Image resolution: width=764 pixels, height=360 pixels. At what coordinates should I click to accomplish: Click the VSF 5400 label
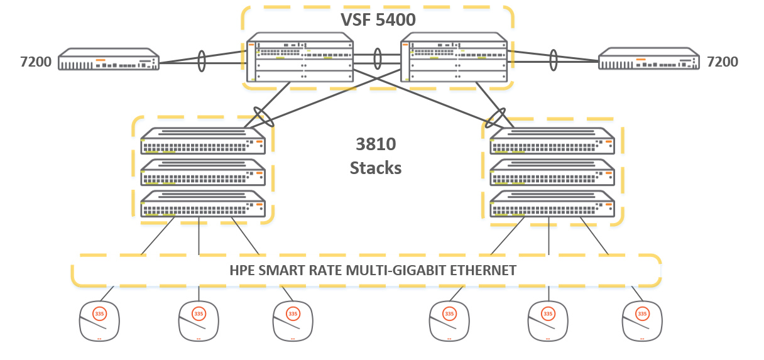[378, 19]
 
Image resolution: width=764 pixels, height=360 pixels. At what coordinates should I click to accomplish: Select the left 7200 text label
[35, 62]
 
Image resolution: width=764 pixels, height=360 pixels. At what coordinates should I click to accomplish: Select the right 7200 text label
[723, 62]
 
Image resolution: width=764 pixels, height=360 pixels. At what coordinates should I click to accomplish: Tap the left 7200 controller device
[108, 60]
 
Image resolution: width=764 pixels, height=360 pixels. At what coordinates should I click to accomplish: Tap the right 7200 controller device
[648, 60]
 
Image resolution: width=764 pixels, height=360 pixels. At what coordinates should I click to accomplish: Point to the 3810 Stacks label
[376, 156]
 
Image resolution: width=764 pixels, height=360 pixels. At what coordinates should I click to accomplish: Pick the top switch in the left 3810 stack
[203, 141]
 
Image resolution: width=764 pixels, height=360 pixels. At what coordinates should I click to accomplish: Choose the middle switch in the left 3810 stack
[203, 173]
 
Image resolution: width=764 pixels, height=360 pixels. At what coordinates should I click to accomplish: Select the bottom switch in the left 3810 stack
[203, 205]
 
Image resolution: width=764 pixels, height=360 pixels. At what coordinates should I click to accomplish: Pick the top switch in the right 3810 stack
[552, 141]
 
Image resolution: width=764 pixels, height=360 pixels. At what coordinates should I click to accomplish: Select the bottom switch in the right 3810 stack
[552, 205]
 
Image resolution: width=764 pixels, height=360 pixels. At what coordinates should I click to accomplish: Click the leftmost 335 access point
[99, 319]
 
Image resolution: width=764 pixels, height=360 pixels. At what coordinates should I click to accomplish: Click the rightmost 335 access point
[642, 319]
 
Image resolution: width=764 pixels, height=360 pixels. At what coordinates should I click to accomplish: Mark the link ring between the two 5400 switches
[377, 59]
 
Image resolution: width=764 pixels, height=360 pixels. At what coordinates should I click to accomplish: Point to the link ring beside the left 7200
[201, 61]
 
